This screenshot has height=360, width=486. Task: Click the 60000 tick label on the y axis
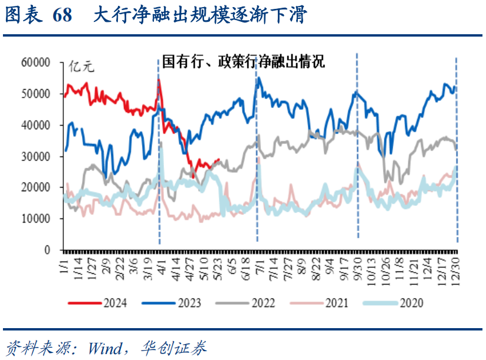click(37, 62)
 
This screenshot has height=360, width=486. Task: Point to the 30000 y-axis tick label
click(37, 156)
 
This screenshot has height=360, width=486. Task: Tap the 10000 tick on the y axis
click(37, 218)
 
